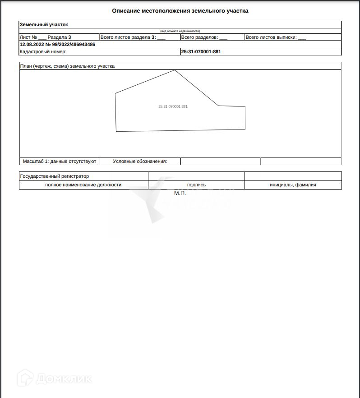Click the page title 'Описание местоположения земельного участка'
[180, 11]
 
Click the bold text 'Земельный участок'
[44, 24]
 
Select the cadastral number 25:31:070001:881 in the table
[201, 52]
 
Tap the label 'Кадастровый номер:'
[43, 52]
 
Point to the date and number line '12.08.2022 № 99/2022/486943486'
[57, 45]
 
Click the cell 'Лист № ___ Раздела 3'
[46, 37]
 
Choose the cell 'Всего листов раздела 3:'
[133, 37]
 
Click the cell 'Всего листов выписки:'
[276, 37]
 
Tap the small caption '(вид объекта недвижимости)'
[180, 31]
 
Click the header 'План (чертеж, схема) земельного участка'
[67, 66]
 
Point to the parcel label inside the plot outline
[173, 106]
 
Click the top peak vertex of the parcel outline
[175, 70]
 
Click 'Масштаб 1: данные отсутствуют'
[60, 161]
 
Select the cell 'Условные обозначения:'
[140, 161]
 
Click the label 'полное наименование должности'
[83, 185]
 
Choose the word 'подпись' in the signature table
[196, 185]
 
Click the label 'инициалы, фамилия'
[293, 185]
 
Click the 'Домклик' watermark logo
[55, 378]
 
